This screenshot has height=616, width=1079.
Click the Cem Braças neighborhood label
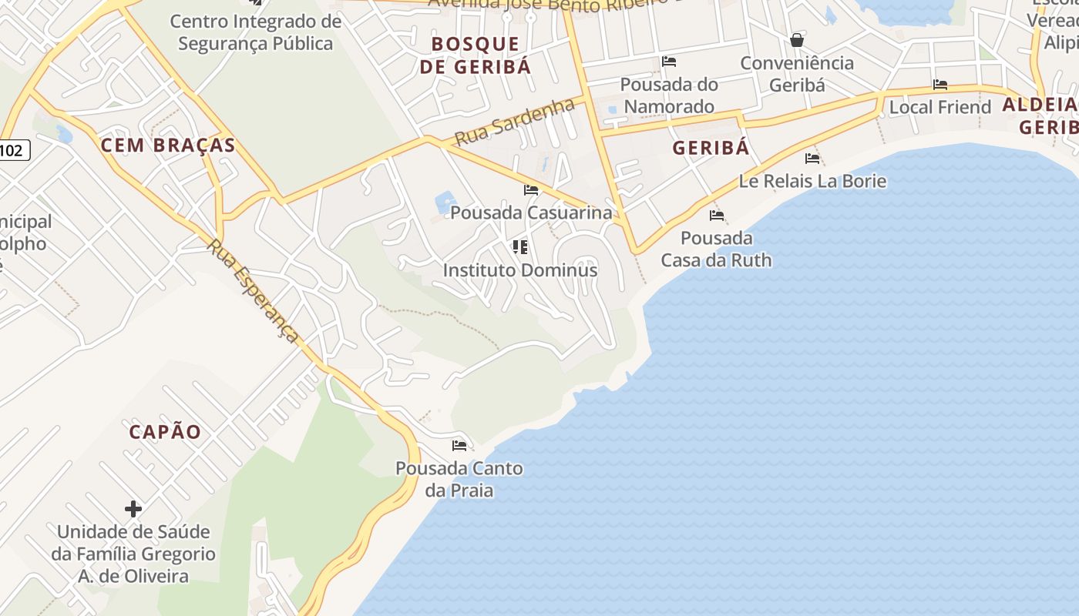pos(167,145)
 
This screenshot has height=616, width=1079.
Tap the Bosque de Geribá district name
pos(476,55)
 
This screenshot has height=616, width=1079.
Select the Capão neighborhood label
pos(165,431)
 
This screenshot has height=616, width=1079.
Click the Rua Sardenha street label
pos(514,122)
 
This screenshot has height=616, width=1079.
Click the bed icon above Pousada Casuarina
pos(531,189)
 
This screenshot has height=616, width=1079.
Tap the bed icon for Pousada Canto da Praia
pos(459,445)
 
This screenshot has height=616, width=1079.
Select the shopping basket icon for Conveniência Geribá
pos(797,39)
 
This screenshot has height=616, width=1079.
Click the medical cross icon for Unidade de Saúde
pos(133,509)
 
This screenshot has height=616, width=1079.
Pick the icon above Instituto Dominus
pos(520,247)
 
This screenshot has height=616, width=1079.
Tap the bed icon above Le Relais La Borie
pos(812,159)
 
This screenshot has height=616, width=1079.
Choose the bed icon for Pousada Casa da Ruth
pos(717,215)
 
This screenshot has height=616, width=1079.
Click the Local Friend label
pos(940,107)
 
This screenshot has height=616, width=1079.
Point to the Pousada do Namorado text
pos(669,95)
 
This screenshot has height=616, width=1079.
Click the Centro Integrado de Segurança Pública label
pos(255,32)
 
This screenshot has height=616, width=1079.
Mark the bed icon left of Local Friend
pos(940,85)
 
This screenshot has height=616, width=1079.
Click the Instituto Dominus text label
pos(520,270)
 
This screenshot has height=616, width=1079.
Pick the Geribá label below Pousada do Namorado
pos(711,148)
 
